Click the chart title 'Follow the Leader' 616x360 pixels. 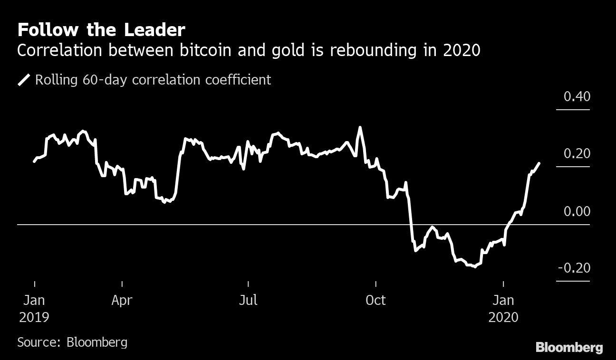(101, 30)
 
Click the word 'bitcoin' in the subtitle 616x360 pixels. (200, 50)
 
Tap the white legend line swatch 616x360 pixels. (24, 80)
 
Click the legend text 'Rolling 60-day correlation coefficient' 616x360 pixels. (153, 79)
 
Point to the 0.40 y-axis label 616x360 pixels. (577, 97)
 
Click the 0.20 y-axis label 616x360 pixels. (577, 154)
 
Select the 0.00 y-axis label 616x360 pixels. (577, 211)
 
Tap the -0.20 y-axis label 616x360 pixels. (574, 268)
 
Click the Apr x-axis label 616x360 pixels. (122, 301)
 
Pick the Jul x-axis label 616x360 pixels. (248, 301)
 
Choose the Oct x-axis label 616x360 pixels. (376, 301)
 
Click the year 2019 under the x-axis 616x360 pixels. (34, 317)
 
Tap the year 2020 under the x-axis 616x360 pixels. (503, 317)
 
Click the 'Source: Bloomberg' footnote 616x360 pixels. (72, 342)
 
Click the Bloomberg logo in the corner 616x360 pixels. (569, 348)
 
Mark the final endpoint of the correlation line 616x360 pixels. (539, 163)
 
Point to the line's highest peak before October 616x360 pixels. (360, 127)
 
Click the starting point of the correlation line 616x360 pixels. (34, 161)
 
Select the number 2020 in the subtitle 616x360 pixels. (461, 50)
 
